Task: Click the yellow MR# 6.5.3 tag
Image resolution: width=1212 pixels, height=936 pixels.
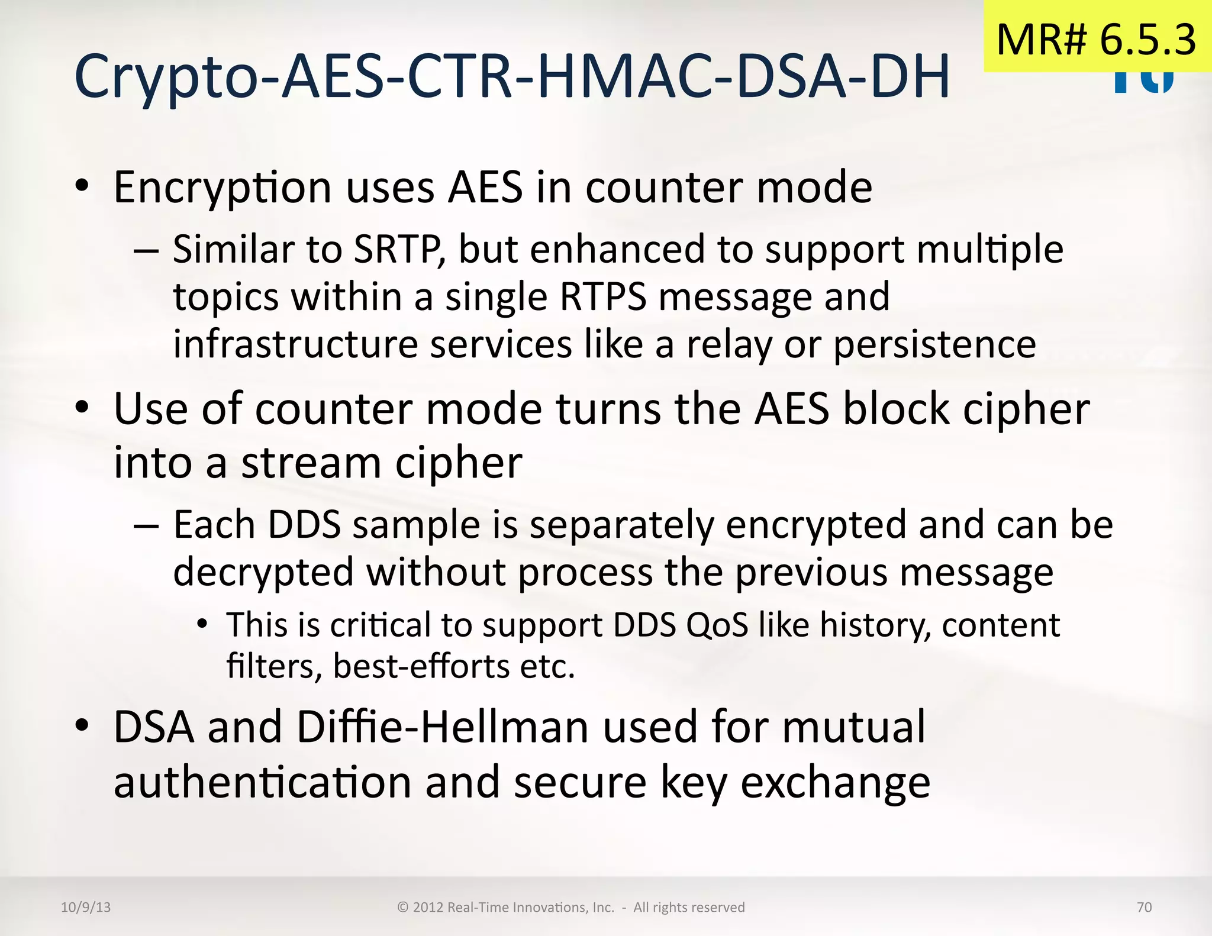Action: coord(1097,38)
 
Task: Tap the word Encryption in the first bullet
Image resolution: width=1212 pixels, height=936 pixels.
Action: coord(222,188)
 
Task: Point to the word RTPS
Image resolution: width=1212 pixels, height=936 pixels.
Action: coord(603,297)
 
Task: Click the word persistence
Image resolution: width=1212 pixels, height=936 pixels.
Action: coord(934,344)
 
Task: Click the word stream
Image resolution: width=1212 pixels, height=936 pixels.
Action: coord(311,463)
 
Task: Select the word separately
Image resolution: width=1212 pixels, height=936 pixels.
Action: coord(621,525)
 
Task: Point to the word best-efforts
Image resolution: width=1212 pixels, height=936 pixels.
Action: coord(421,667)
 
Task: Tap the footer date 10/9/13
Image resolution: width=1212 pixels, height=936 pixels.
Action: coord(86,907)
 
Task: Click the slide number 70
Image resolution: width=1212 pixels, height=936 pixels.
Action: coord(1144,907)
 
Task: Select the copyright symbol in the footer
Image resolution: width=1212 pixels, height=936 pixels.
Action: coord(403,908)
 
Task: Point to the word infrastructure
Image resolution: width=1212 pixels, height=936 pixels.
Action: coord(295,344)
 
